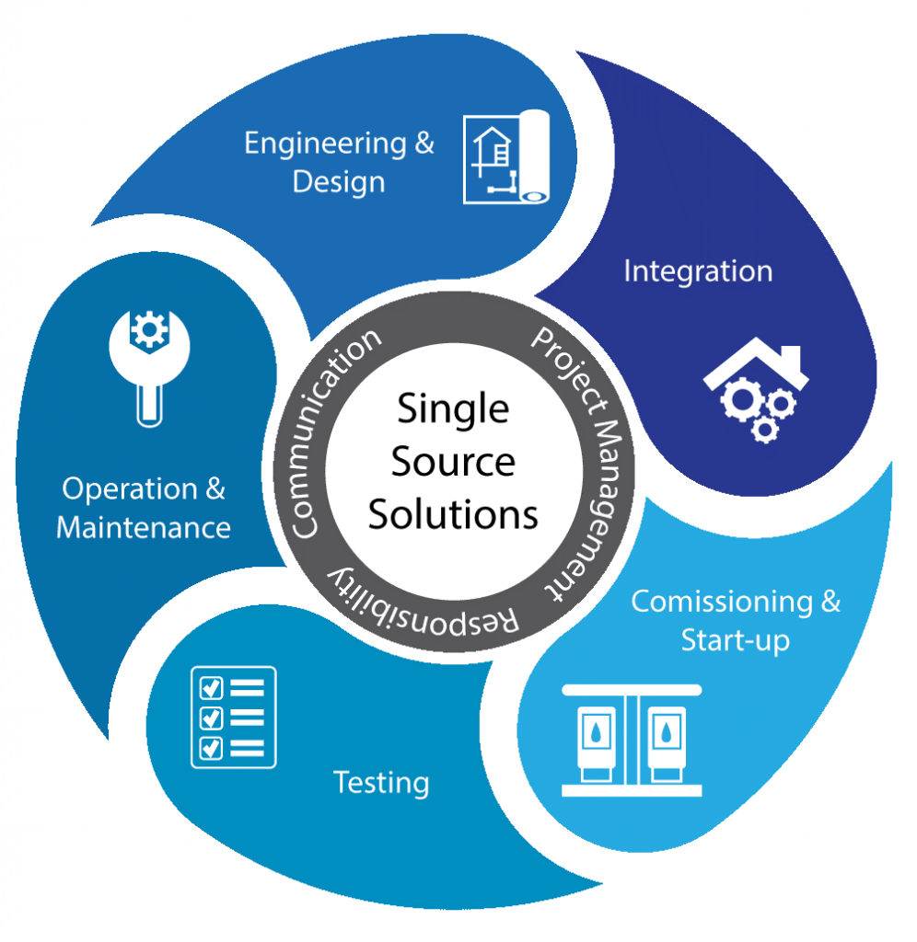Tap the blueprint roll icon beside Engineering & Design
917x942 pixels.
pyautogui.click(x=505, y=156)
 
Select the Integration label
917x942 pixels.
pyautogui.click(x=698, y=271)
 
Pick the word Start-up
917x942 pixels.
pyautogui.click(x=736, y=640)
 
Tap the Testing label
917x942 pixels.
pyautogui.click(x=381, y=783)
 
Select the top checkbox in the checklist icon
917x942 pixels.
pyautogui.click(x=211, y=687)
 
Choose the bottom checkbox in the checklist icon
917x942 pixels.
pyautogui.click(x=211, y=746)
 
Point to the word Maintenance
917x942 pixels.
pyautogui.click(x=144, y=528)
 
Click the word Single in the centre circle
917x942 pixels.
pyautogui.click(x=452, y=408)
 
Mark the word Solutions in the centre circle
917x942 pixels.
pyautogui.click(x=453, y=515)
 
